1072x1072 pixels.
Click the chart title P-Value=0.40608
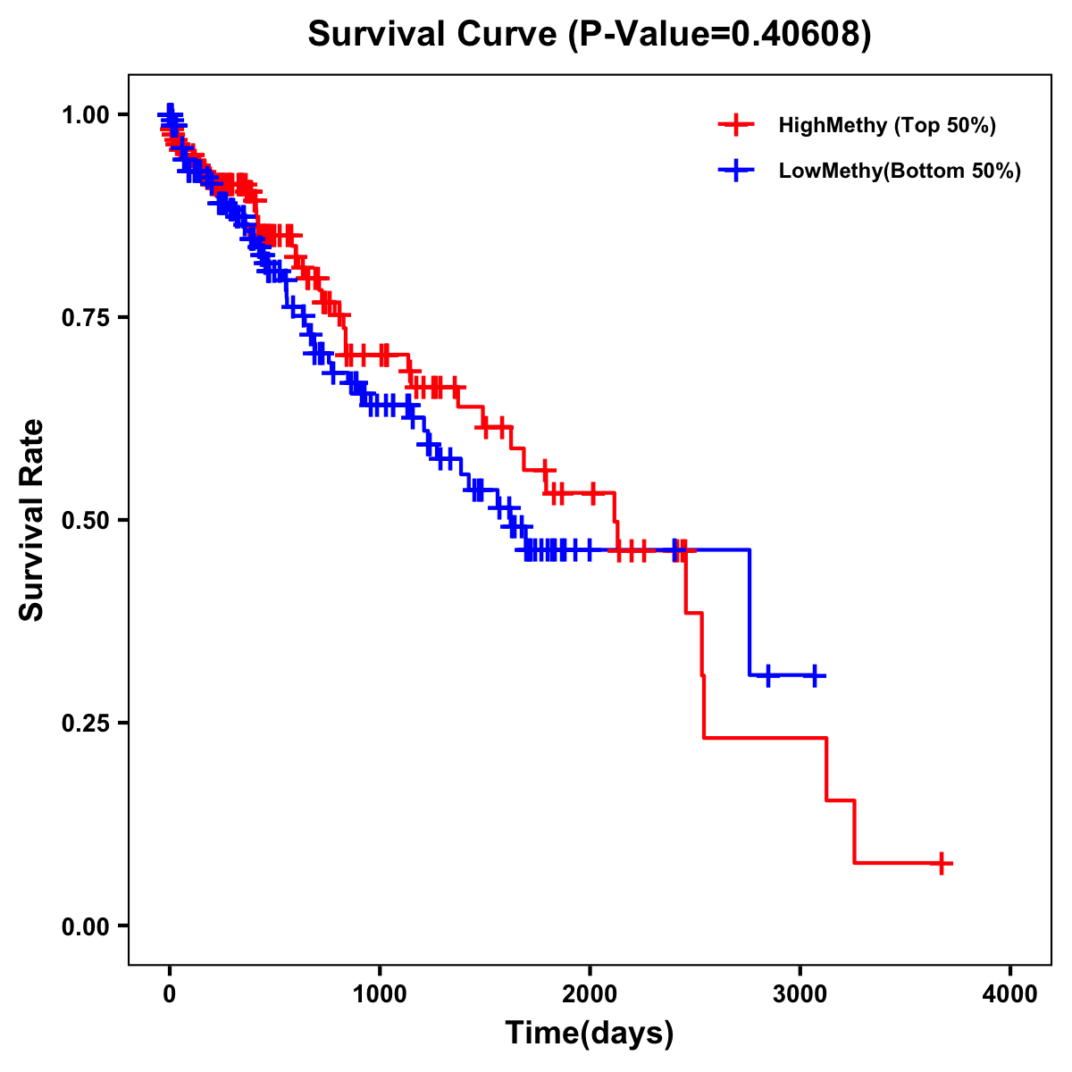[589, 34]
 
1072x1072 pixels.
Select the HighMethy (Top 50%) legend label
[886, 125]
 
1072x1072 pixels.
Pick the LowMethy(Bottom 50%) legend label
[900, 171]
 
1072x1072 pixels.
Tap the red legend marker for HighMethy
[735, 125]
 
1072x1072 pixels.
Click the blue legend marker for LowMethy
[735, 171]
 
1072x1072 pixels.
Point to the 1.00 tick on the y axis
[85, 115]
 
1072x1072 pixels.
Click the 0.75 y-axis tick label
[85, 318]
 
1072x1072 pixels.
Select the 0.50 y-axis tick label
[85, 521]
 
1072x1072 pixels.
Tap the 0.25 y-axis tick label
[85, 724]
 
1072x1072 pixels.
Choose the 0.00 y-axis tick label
[85, 926]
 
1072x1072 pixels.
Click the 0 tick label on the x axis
[170, 995]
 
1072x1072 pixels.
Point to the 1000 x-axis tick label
[380, 995]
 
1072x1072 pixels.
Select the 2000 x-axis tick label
[590, 995]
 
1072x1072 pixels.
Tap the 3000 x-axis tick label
[800, 995]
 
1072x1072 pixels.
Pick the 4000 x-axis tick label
[1010, 995]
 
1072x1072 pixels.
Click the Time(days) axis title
[590, 1034]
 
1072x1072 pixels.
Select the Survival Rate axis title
[32, 520]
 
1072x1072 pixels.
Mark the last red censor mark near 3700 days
[942, 863]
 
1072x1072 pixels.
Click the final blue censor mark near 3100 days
[814, 675]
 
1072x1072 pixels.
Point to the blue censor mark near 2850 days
[767, 675]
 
